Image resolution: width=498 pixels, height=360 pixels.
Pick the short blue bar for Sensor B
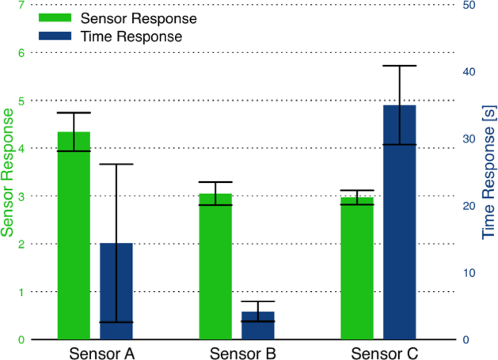click(x=258, y=326)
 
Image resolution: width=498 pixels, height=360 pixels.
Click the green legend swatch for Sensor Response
click(x=56, y=18)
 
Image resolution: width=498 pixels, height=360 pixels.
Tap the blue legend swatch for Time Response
click(x=56, y=36)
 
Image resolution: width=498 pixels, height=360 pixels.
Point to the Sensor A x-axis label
click(x=102, y=353)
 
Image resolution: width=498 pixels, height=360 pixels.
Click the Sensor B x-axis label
click(x=243, y=353)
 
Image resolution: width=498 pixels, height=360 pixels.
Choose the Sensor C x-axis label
click(x=384, y=353)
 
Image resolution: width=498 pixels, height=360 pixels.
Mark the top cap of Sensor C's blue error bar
click(x=399, y=66)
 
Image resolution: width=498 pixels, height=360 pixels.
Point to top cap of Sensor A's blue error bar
click(x=116, y=164)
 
